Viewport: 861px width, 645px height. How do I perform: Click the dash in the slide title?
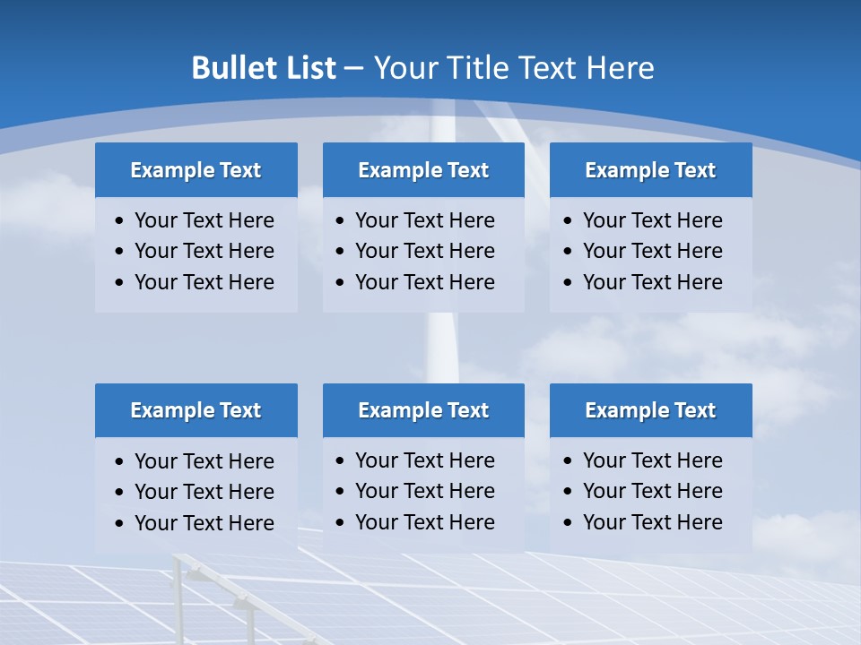[x=353, y=69]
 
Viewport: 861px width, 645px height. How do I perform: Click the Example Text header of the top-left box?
[x=196, y=170]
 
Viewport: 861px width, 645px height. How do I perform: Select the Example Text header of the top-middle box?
[x=423, y=170]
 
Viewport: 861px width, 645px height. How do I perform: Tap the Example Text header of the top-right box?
[x=650, y=170]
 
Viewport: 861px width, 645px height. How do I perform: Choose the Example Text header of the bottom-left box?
[x=196, y=410]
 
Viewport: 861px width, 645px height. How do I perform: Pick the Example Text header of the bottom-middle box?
[x=423, y=410]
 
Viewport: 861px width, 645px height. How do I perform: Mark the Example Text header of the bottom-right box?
[x=650, y=410]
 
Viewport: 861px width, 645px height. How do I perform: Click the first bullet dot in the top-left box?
[x=120, y=220]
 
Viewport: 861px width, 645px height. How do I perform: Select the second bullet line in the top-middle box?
[x=424, y=251]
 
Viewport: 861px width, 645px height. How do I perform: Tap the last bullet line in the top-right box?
[x=652, y=282]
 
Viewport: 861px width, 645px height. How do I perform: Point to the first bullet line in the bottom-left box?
[x=204, y=461]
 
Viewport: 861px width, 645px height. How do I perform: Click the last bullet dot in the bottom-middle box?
[x=340, y=522]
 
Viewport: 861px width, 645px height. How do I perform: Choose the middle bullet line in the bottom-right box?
[x=652, y=491]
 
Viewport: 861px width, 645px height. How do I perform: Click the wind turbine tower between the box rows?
[x=440, y=349]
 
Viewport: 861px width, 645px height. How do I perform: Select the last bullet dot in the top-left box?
[x=120, y=282]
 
